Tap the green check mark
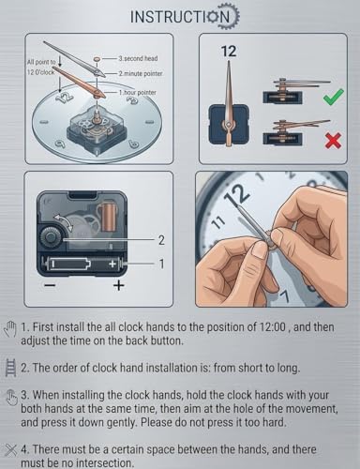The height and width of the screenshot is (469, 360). [334, 97]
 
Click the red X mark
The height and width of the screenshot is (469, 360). [333, 140]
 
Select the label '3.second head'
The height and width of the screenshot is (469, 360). [138, 58]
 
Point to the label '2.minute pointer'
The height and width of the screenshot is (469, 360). [141, 74]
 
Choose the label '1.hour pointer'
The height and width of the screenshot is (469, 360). [137, 93]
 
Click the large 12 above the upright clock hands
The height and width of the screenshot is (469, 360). [229, 52]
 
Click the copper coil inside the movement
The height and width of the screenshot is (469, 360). [107, 217]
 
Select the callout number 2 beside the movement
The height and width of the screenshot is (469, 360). [161, 240]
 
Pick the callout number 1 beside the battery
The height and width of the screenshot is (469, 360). [161, 264]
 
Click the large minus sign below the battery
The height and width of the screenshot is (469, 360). [51, 285]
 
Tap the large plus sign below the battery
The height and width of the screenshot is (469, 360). [118, 285]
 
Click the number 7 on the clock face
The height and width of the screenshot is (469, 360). [284, 296]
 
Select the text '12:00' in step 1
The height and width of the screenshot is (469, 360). [273, 327]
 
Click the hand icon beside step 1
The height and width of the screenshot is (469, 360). [10, 328]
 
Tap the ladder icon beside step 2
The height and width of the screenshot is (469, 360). [11, 369]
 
